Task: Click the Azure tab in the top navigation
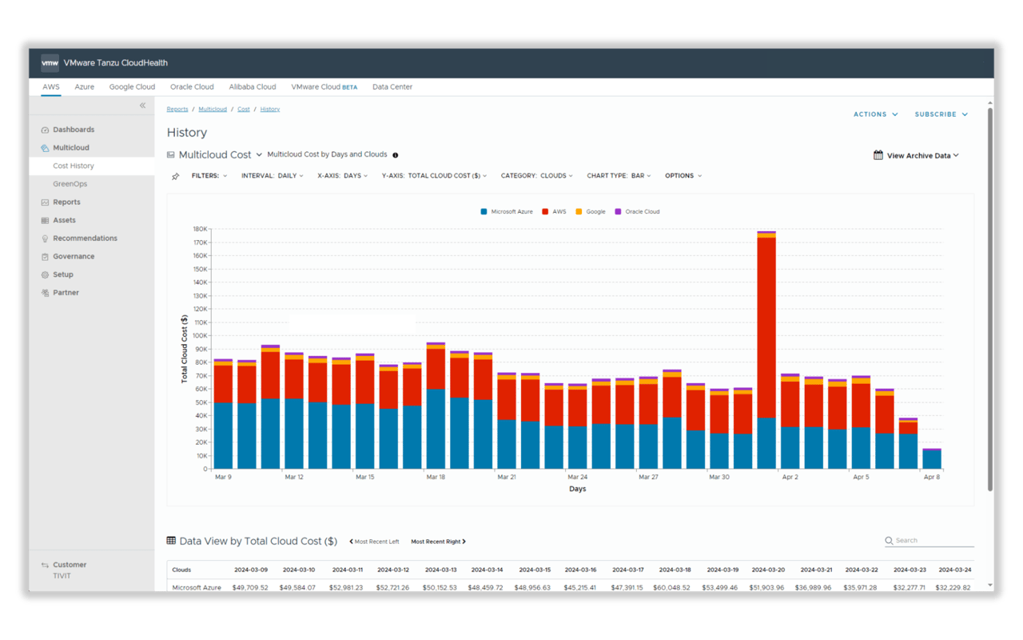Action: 84,86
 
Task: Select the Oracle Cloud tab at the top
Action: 192,86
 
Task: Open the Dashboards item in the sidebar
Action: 74,130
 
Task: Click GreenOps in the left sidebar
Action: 70,184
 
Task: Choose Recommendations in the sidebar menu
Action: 85,238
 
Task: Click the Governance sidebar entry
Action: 74,257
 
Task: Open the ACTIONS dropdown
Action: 875,114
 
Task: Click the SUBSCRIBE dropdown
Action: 941,114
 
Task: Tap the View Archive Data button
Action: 917,156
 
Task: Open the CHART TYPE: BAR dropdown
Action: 619,176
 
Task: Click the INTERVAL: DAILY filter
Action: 272,176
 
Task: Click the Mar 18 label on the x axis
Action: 436,477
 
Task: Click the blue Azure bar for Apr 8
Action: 932,460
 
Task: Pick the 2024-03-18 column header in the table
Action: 676,570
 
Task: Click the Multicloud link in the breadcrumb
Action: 213,109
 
